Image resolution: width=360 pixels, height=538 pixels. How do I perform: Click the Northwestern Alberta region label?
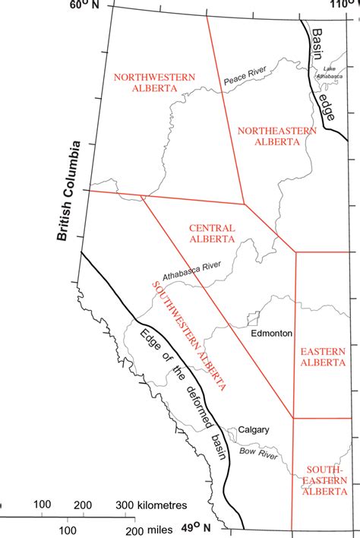click(153, 82)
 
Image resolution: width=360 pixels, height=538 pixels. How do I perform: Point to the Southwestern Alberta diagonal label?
click(189, 335)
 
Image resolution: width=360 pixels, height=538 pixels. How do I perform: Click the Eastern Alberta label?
click(323, 356)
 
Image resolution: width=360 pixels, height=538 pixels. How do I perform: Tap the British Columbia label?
click(71, 191)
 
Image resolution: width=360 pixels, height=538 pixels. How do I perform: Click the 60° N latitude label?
click(85, 7)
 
